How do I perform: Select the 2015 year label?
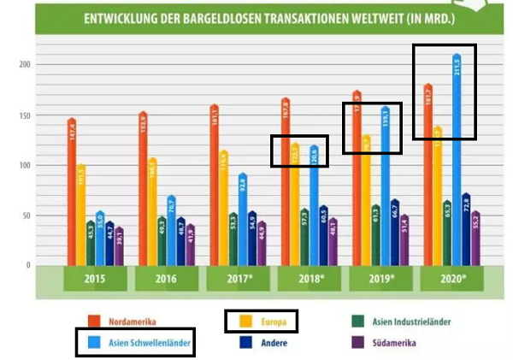pyautogui.click(x=95, y=279)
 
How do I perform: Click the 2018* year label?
pyautogui.click(x=309, y=279)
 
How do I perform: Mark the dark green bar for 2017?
pyautogui.click(x=233, y=239)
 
